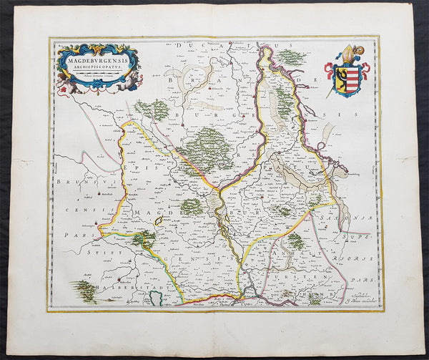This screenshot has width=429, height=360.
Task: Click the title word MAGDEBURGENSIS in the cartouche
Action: [98, 60]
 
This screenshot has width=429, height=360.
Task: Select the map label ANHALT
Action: [286, 262]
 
